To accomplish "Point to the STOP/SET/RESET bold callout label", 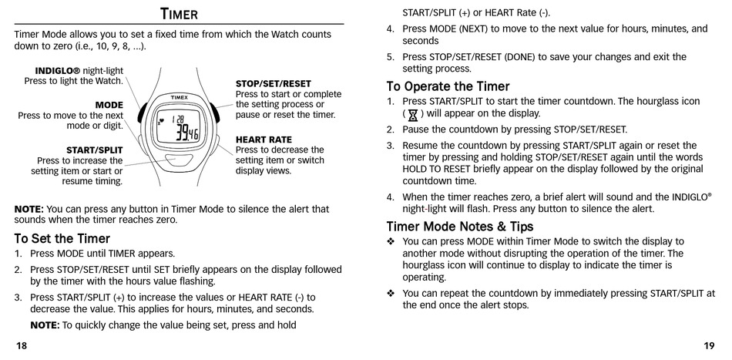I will [x=273, y=83].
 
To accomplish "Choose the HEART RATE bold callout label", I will [x=264, y=140].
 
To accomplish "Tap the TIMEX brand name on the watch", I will [x=180, y=98].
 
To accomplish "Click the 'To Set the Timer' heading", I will [x=62, y=238].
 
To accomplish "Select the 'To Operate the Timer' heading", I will [x=448, y=86].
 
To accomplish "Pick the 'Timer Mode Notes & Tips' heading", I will [x=459, y=227].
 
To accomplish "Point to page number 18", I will [x=21, y=345].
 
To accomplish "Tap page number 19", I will [x=709, y=345].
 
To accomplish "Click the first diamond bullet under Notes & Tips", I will [x=391, y=242].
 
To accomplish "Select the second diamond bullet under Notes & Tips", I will [x=391, y=294].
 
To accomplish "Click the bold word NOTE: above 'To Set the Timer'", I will [x=29, y=209].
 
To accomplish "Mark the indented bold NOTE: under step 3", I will [x=45, y=325].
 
